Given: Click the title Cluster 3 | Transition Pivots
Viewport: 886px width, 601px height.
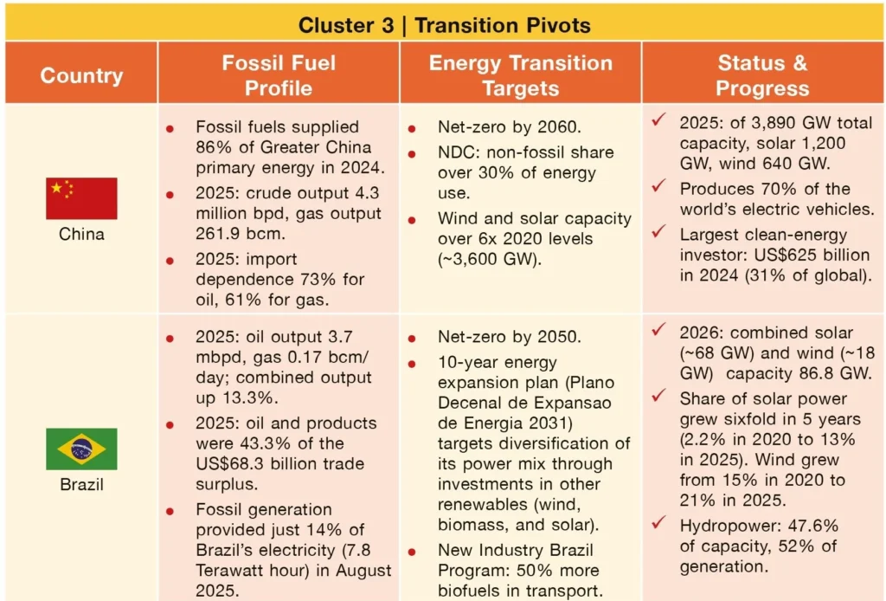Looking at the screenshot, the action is pyautogui.click(x=444, y=25).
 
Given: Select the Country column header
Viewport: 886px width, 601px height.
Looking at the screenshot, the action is pyautogui.click(x=81, y=75).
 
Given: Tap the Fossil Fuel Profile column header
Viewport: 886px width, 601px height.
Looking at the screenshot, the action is pyautogui.click(x=279, y=75).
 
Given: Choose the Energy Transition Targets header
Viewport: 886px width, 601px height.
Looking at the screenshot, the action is pyautogui.click(x=520, y=75).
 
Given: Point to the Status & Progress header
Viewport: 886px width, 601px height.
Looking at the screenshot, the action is pyautogui.click(x=762, y=75).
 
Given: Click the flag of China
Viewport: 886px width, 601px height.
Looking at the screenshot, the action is pyautogui.click(x=81, y=198).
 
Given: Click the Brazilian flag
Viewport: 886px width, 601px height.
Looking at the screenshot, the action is pyautogui.click(x=81, y=449).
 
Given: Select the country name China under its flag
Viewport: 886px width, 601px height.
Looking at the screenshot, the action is pyautogui.click(x=81, y=234).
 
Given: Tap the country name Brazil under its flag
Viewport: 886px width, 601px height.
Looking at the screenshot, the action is pyautogui.click(x=81, y=485).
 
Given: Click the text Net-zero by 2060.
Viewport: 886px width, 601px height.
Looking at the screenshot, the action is pyautogui.click(x=509, y=126).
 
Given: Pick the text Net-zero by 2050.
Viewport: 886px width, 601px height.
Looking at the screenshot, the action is pyautogui.click(x=509, y=336).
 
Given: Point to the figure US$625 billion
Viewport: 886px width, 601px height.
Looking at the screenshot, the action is pyautogui.click(x=812, y=255).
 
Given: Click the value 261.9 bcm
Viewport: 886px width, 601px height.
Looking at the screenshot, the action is pyautogui.click(x=241, y=234).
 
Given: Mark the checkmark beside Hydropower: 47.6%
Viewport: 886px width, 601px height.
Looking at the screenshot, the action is pyautogui.click(x=658, y=522).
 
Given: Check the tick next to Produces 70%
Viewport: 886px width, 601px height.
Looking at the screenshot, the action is pyautogui.click(x=658, y=185).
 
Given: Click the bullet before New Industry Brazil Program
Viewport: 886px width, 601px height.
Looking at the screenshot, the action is pyautogui.click(x=412, y=552).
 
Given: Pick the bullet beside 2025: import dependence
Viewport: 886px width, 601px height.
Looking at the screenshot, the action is pyautogui.click(x=170, y=261).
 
